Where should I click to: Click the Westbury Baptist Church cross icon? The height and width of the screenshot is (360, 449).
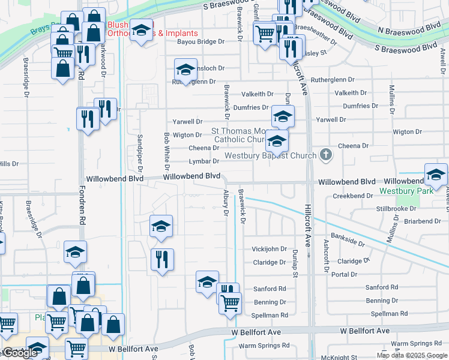326,155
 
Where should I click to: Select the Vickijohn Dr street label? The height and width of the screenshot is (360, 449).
269,249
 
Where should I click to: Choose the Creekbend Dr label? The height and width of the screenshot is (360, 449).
352,196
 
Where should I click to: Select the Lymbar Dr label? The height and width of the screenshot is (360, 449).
203,161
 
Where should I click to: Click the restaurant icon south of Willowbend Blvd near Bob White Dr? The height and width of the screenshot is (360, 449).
162,259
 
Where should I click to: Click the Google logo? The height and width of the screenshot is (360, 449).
19,353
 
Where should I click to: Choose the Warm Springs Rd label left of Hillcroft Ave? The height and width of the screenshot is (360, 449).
264,346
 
